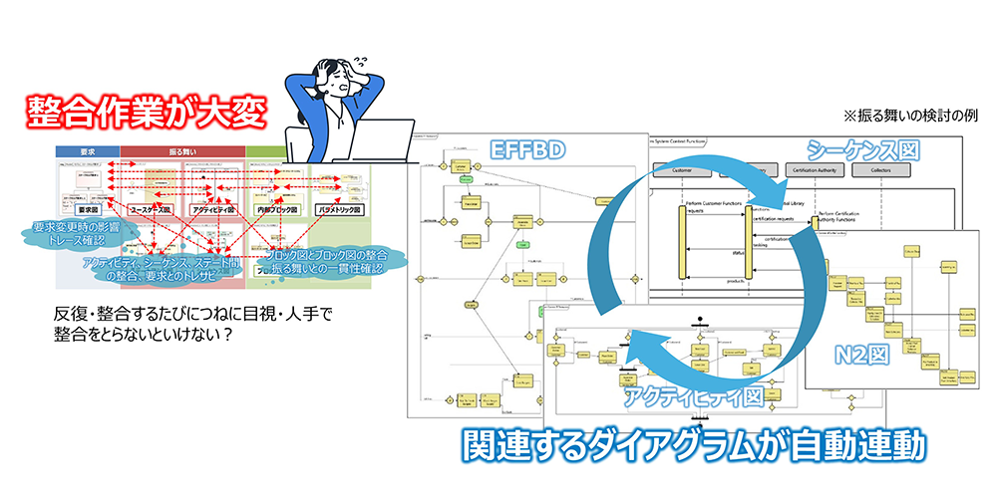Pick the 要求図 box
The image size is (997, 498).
coord(87,210)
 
